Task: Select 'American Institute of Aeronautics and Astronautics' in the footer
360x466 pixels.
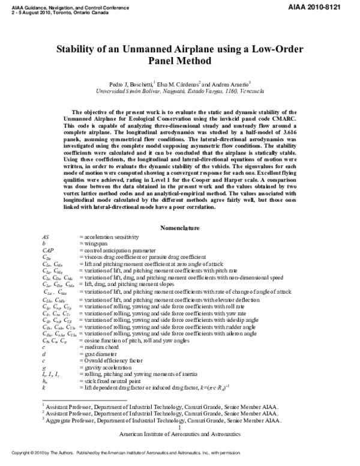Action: (180, 434)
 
